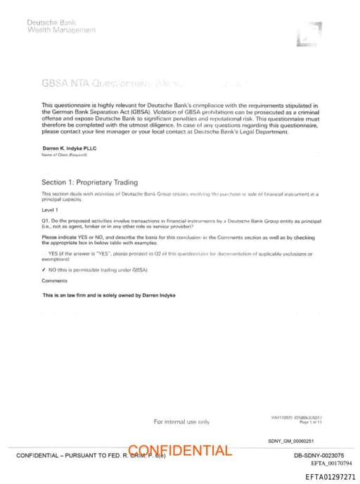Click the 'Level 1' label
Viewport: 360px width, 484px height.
(x=51, y=210)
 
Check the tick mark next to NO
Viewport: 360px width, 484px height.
(x=44, y=269)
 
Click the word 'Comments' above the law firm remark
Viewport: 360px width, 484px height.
(x=54, y=281)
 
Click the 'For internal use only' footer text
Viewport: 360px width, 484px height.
(x=181, y=421)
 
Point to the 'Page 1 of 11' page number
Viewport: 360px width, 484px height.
(x=309, y=422)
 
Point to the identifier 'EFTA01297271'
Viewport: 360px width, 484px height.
(x=330, y=476)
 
